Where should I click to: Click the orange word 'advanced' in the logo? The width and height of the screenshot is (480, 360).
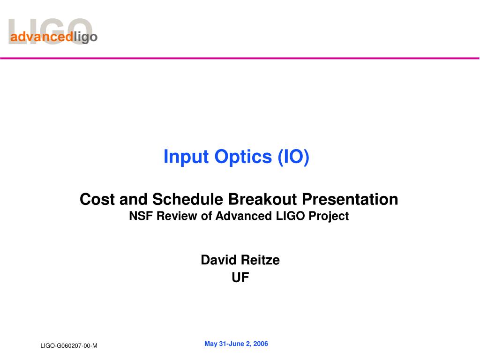tap(42, 37)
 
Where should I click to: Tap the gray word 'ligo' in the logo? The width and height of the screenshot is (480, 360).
tap(86, 37)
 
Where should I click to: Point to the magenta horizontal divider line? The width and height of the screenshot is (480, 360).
tap(240, 58)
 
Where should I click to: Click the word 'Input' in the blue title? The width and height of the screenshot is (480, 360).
tap(186, 157)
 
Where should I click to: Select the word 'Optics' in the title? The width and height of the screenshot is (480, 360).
tap(243, 157)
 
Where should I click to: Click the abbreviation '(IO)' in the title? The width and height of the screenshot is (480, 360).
tap(293, 157)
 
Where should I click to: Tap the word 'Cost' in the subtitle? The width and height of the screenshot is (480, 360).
tap(97, 199)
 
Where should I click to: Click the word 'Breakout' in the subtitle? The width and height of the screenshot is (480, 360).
tap(262, 199)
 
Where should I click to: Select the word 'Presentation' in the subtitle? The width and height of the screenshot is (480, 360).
tap(350, 199)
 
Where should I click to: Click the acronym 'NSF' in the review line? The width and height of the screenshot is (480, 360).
tap(141, 216)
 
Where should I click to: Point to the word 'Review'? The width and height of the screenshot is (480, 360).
tap(177, 216)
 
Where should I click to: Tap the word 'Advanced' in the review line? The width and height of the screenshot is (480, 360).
tap(244, 216)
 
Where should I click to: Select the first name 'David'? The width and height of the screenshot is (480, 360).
tap(218, 260)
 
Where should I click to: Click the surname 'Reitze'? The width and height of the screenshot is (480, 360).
tap(260, 260)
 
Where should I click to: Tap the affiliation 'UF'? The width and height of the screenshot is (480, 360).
tap(240, 277)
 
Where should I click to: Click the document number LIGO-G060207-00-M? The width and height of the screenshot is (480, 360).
tap(69, 345)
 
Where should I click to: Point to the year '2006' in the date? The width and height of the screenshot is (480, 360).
tap(261, 344)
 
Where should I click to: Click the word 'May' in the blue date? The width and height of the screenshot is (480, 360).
tap(211, 344)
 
